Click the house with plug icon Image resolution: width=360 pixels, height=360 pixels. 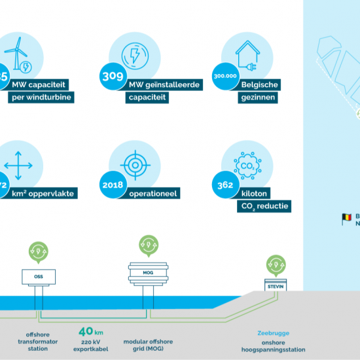click(246, 53)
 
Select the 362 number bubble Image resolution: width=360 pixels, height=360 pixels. click(225, 185)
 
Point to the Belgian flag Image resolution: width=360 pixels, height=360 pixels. click(346, 219)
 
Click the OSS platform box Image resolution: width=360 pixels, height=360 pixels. click(39, 277)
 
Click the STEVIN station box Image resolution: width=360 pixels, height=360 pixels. click(276, 285)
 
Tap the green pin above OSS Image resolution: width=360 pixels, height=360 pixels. click(39, 251)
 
